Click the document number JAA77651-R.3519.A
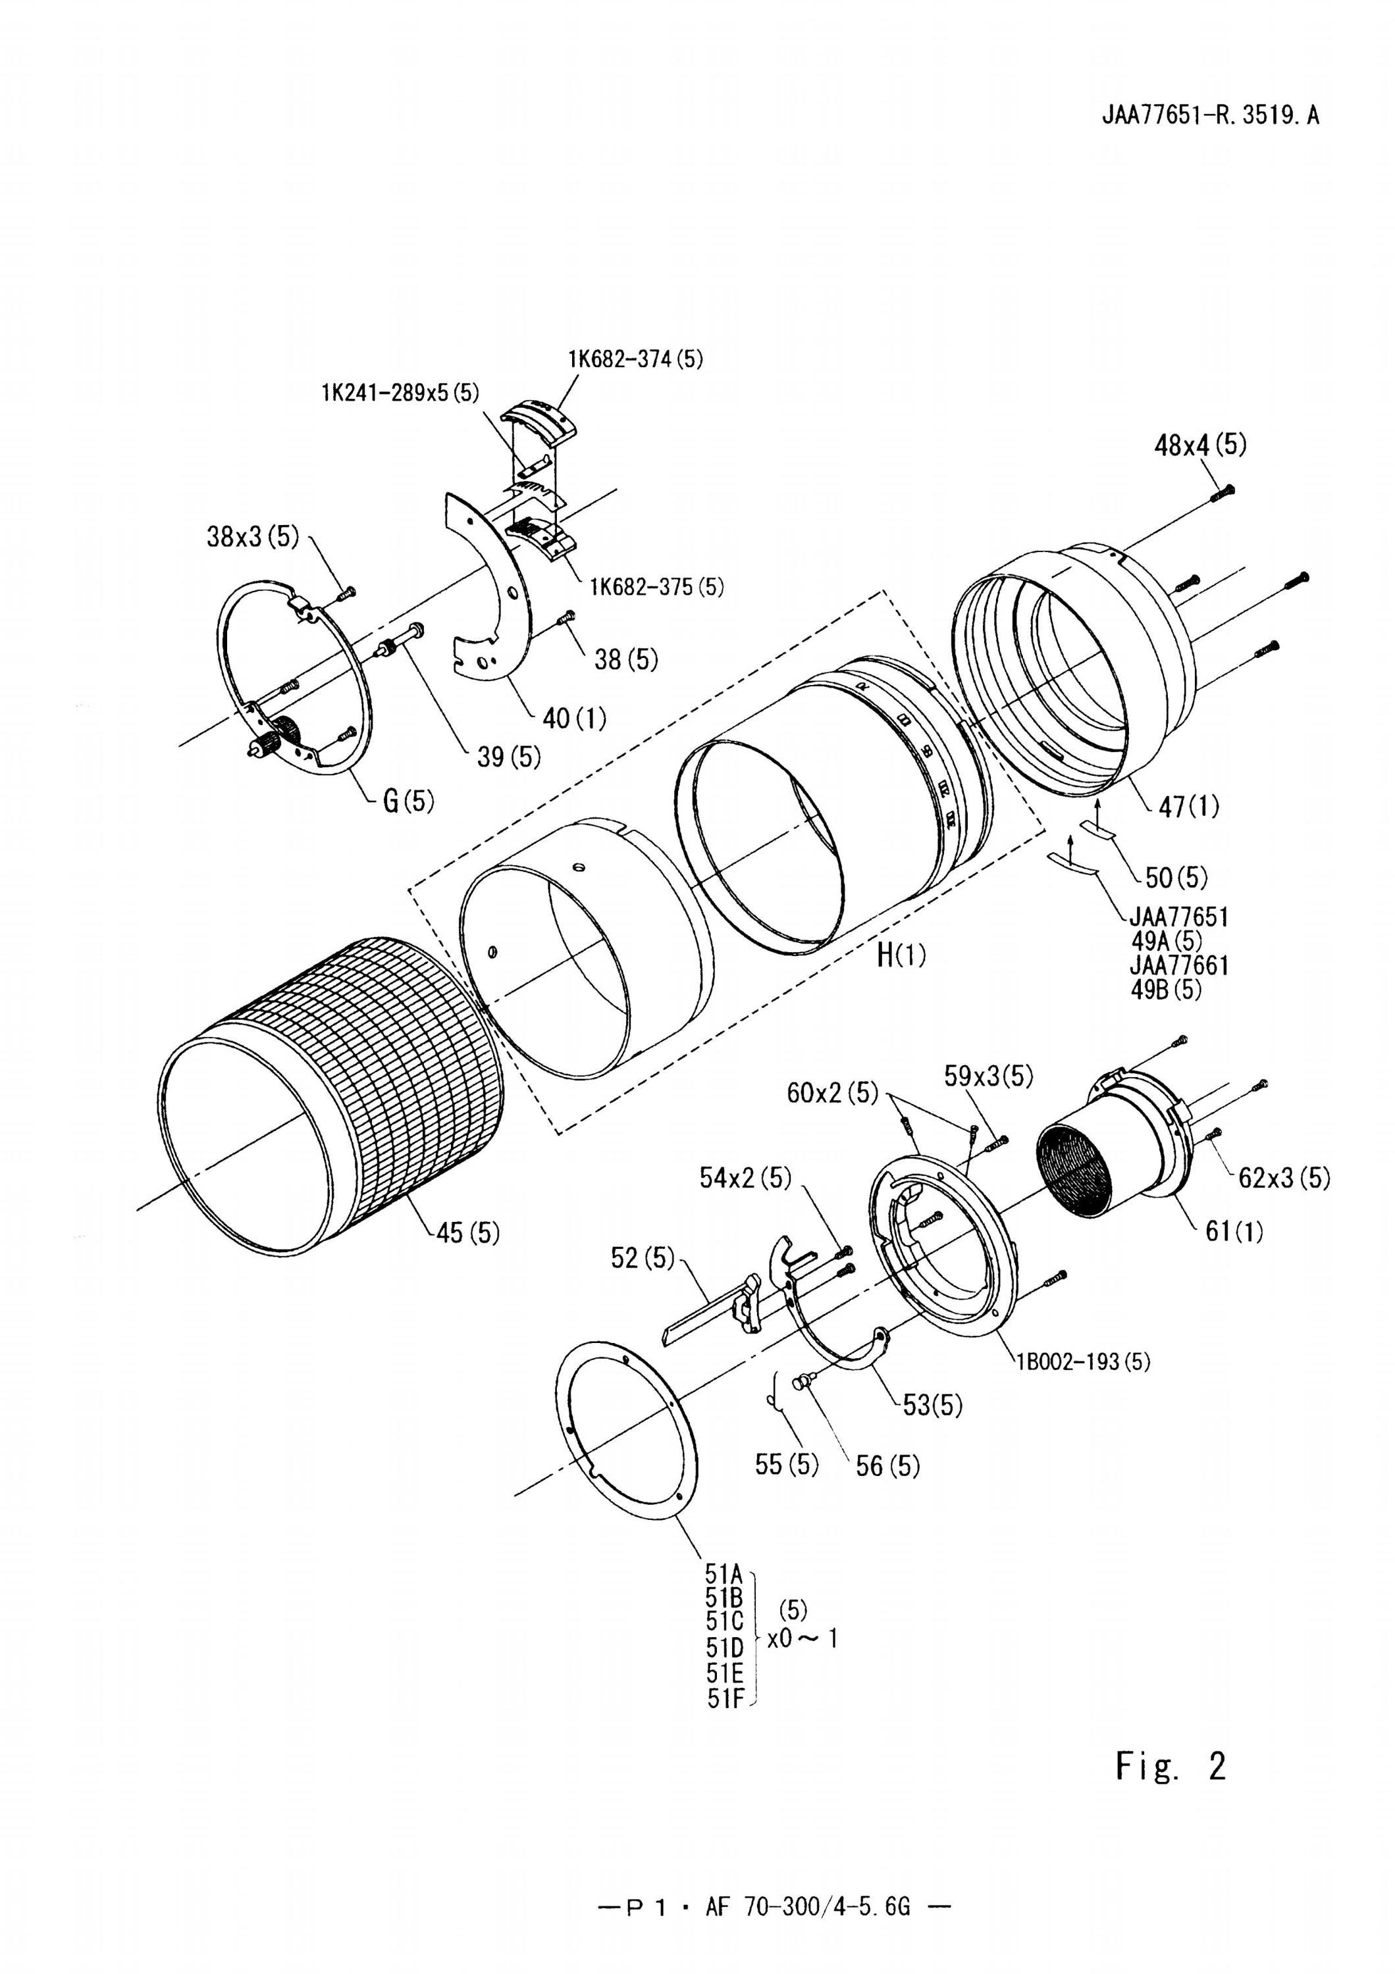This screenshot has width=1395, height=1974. pyautogui.click(x=1210, y=115)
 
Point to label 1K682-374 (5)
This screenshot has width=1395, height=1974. pyautogui.click(x=635, y=359)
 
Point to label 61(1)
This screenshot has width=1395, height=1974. pyautogui.click(x=1234, y=1232)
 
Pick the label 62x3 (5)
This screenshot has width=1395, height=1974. pyautogui.click(x=1284, y=1177)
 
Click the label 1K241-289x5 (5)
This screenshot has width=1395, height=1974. pyautogui.click(x=400, y=393)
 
